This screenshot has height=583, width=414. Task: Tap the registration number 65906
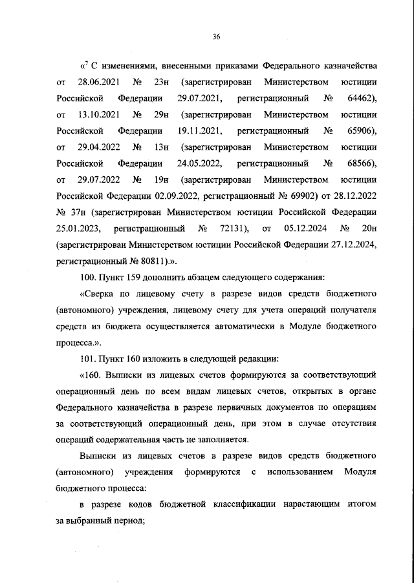click(360, 131)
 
